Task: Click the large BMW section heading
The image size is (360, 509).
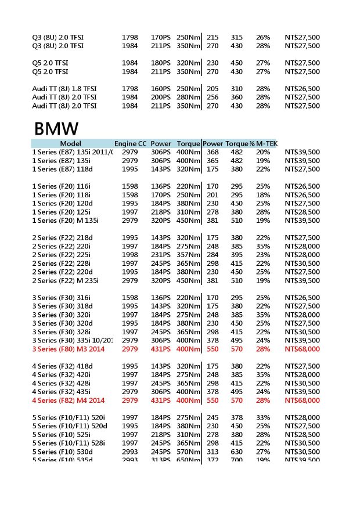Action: pyautogui.click(x=56, y=128)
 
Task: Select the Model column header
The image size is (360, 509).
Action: pyautogui.click(x=71, y=143)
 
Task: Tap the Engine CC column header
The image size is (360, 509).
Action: pyautogui.click(x=130, y=143)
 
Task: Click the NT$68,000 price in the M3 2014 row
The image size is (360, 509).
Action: pyautogui.click(x=302, y=349)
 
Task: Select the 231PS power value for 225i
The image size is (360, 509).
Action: pyautogui.click(x=160, y=255)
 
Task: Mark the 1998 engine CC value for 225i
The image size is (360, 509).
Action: pyautogui.click(x=130, y=255)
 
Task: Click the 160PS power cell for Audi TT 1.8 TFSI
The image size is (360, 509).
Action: pyautogui.click(x=160, y=88)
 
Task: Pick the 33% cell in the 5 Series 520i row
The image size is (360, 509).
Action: pyautogui.click(x=262, y=417)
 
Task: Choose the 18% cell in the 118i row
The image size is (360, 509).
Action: pyautogui.click(x=262, y=195)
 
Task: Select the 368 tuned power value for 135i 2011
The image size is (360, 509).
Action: pyautogui.click(x=213, y=152)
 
